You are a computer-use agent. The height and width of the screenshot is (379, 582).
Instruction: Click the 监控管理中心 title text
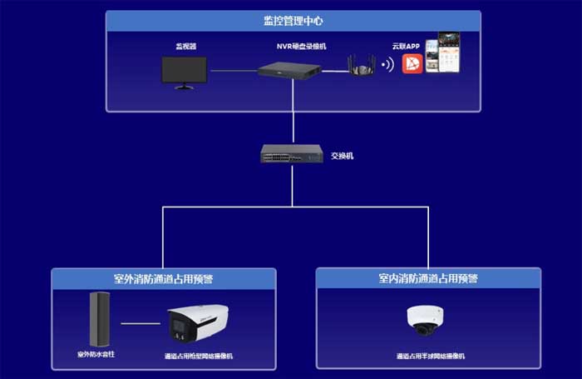(x=293, y=20)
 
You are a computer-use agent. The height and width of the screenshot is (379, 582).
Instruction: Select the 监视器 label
(x=185, y=47)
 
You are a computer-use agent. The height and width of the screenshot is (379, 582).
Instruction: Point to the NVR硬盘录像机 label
(x=292, y=47)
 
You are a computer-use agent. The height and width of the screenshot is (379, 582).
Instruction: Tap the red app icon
(x=413, y=64)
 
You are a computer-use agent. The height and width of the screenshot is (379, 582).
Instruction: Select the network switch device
(x=292, y=154)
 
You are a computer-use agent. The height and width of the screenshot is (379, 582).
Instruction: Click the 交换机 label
(x=342, y=156)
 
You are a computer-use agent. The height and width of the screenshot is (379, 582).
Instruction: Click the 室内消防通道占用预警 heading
(x=428, y=278)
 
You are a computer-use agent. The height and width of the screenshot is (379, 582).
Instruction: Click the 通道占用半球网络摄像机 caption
(x=428, y=356)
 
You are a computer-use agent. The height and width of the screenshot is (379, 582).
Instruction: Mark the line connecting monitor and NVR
(x=234, y=71)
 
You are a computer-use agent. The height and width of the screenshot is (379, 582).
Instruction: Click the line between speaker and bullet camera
(x=141, y=323)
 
